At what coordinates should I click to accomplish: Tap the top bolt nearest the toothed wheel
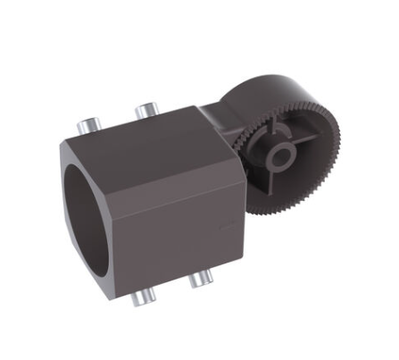(x=145, y=112)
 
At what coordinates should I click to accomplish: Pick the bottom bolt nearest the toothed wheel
(x=197, y=280)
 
